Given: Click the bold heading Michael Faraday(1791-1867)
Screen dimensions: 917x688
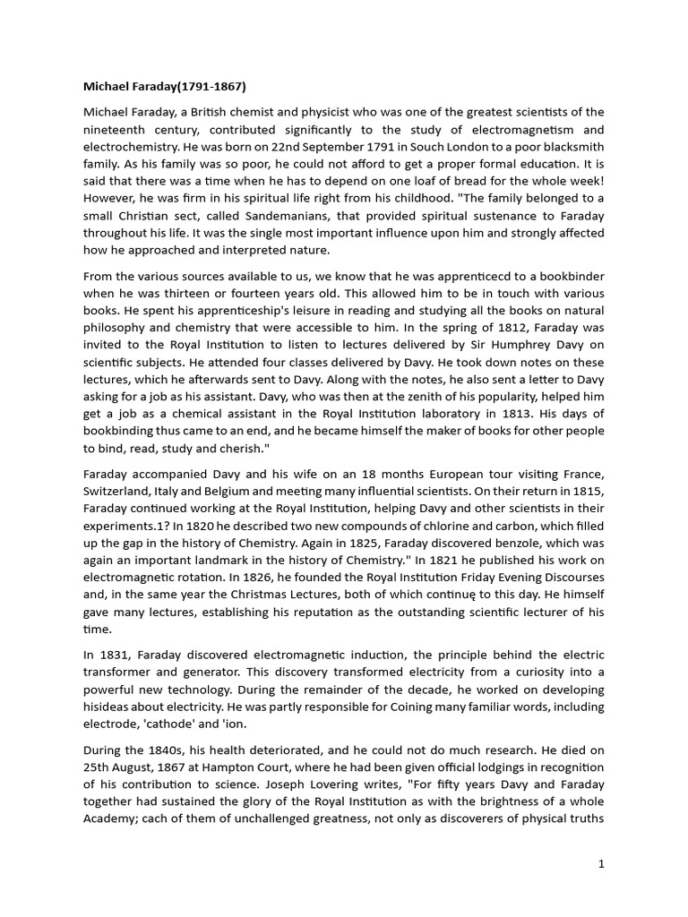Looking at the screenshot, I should [x=164, y=87].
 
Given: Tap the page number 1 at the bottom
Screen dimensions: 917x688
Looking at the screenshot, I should [x=602, y=864].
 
